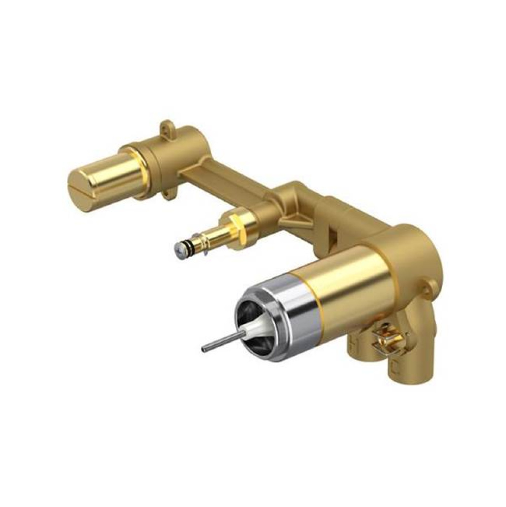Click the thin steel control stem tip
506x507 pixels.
coord(205,349)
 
